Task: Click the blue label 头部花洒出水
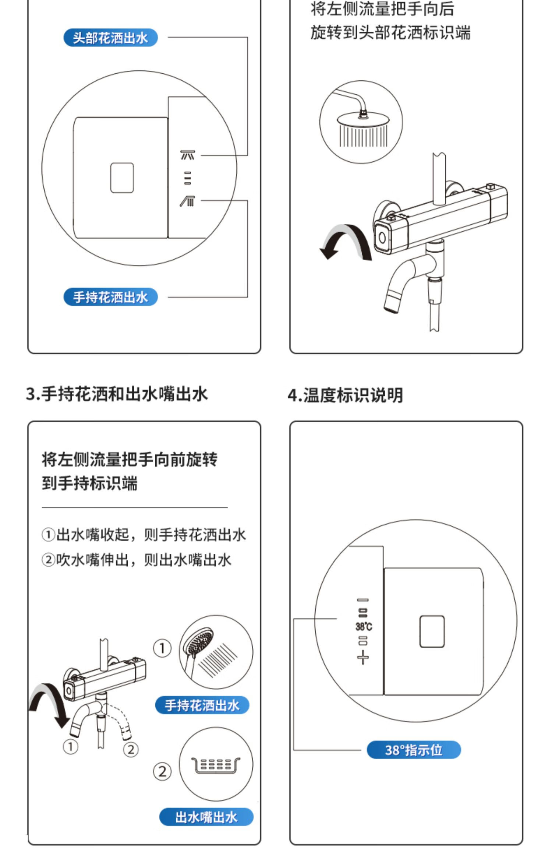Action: [110, 38]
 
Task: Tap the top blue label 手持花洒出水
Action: [110, 297]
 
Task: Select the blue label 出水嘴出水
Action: [206, 817]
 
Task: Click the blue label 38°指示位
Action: [414, 750]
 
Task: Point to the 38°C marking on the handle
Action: [364, 626]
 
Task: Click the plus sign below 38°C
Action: [363, 657]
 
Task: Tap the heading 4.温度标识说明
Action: [345, 395]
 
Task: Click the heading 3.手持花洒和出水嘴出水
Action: [117, 394]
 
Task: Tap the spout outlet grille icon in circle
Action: [216, 766]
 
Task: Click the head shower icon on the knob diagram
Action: [187, 155]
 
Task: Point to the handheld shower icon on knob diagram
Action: [187, 201]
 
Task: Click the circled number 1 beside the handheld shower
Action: [162, 648]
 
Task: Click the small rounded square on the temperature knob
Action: [432, 631]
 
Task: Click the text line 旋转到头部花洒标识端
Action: [390, 32]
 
